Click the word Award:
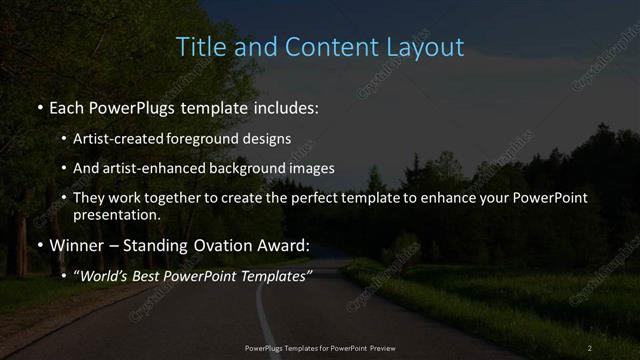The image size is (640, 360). tap(286, 244)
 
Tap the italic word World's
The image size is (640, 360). tap(104, 275)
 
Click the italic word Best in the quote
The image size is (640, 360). tap(151, 275)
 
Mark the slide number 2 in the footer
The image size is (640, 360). tap(590, 347)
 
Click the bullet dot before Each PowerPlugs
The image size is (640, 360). tap(39, 106)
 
